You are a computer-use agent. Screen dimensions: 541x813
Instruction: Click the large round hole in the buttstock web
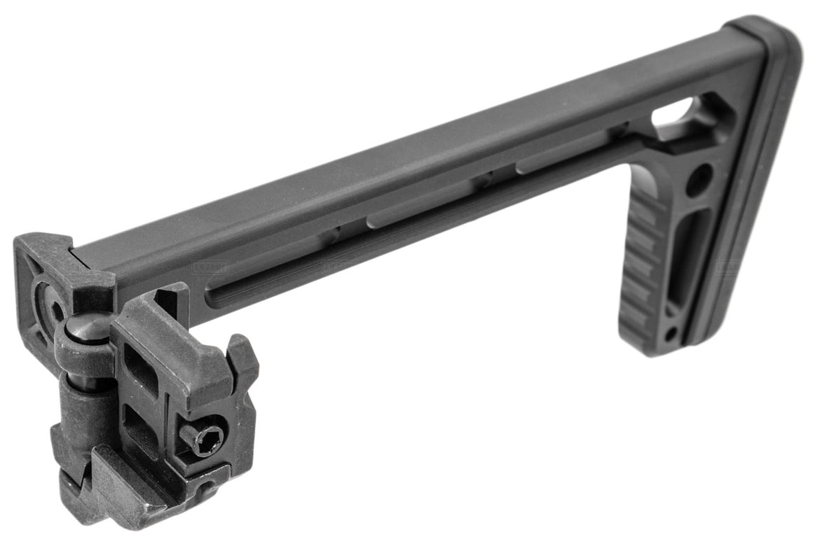699,180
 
